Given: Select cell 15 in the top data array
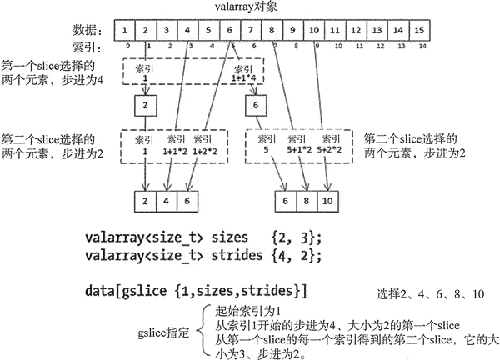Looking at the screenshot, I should (419, 31).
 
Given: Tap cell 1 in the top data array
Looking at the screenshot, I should (124, 31).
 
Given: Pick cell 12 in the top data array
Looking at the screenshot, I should (356, 31).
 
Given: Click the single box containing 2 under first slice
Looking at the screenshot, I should (145, 106).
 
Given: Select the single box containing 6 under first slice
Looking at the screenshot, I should (255, 106).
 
